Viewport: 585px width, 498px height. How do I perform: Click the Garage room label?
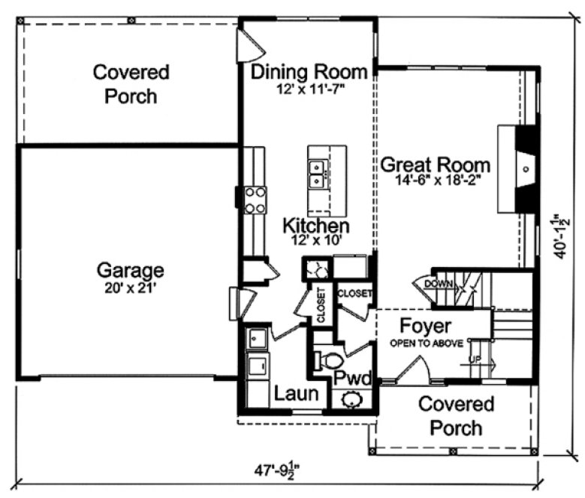click(x=130, y=269)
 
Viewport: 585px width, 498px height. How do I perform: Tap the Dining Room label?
click(x=309, y=73)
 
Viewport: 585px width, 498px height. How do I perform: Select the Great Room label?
click(x=435, y=165)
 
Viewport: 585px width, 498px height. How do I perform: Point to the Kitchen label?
click(x=315, y=225)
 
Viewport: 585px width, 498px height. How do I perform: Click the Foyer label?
click(x=424, y=326)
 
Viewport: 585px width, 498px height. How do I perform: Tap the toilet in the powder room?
click(x=328, y=358)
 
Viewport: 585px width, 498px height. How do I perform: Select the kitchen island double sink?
click(x=318, y=173)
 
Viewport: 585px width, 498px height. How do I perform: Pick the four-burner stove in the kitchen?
click(x=255, y=199)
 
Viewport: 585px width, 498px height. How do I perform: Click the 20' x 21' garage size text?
click(x=130, y=285)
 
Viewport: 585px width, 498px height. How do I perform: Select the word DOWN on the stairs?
click(x=439, y=283)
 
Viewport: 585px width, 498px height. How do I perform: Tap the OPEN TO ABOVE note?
click(x=424, y=343)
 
